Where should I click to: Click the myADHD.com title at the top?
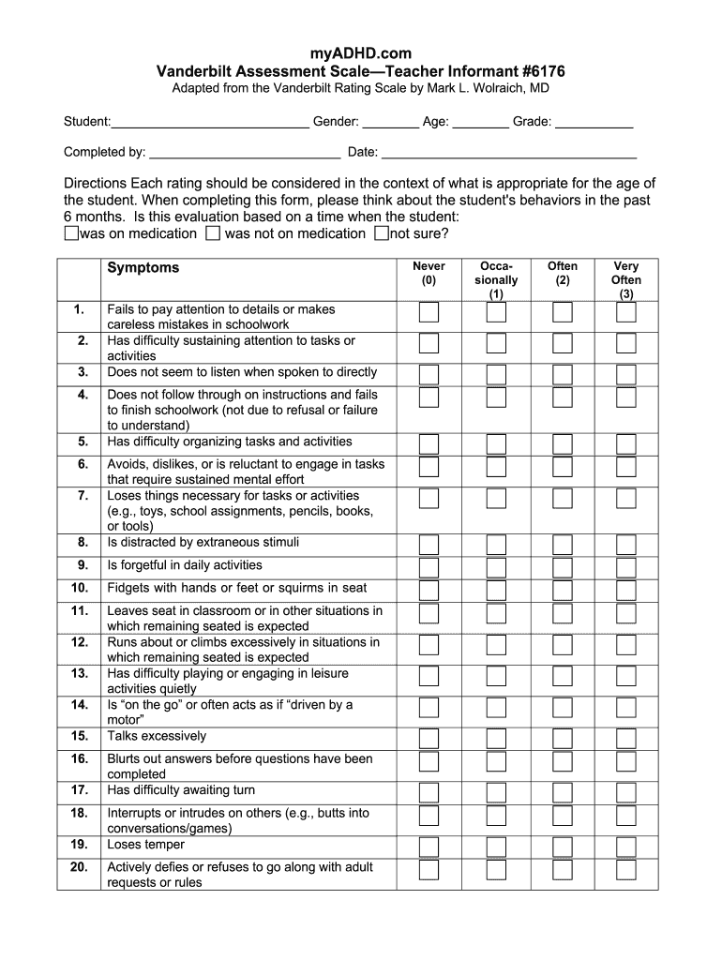coord(361,53)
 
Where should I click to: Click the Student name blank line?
coord(210,122)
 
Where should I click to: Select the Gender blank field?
coord(390,122)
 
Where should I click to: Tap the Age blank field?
coord(481,122)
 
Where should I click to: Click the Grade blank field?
coord(594,122)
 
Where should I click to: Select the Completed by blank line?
coord(245,152)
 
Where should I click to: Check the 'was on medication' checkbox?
coord(71,233)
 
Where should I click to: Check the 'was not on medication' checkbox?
coord(213,233)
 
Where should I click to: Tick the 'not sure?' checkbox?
coord(381,233)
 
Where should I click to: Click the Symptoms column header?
coord(143,268)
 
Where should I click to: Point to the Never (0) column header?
coord(429,273)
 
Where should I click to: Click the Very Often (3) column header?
coord(626,279)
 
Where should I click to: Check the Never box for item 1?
coord(429,313)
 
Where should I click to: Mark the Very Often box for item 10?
coord(626,590)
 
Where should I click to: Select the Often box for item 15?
coord(563,739)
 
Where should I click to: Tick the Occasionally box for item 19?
coord(496,847)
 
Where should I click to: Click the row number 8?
coord(83,543)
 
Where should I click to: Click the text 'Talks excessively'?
coord(157,737)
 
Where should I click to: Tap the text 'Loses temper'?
coord(145,845)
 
